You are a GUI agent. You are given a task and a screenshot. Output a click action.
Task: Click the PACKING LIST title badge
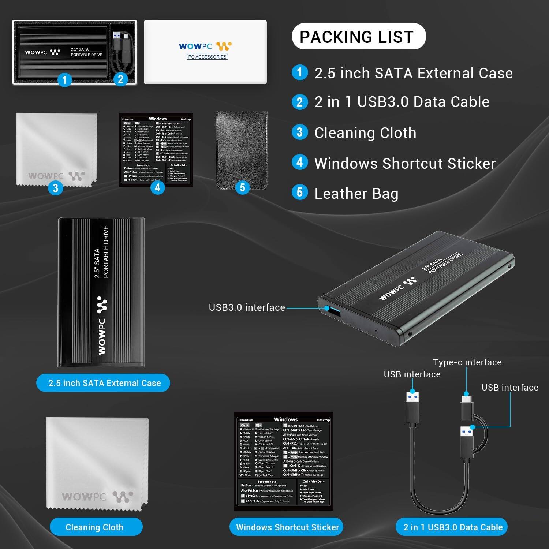[358, 37]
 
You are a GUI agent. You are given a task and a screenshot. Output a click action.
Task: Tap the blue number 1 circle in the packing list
[300, 72]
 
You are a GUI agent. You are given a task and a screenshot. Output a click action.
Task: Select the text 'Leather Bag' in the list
[356, 194]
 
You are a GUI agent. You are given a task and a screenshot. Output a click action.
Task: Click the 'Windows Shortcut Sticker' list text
[405, 163]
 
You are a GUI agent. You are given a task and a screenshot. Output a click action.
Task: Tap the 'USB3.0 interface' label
[247, 307]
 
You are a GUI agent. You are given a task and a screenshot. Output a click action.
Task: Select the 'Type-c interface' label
[467, 362]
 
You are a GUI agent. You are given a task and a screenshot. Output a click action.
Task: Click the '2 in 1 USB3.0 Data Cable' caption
[452, 527]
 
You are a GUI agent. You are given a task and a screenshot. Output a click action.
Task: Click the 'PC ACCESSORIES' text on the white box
[207, 57]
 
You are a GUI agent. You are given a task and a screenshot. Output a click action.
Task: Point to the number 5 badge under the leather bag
[242, 188]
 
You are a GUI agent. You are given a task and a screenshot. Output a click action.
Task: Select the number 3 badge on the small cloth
[55, 188]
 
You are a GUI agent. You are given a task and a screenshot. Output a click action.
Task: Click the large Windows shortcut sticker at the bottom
[284, 461]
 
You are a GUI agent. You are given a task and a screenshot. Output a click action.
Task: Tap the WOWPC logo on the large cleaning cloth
[97, 497]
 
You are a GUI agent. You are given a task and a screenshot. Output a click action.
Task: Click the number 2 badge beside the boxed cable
[120, 79]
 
